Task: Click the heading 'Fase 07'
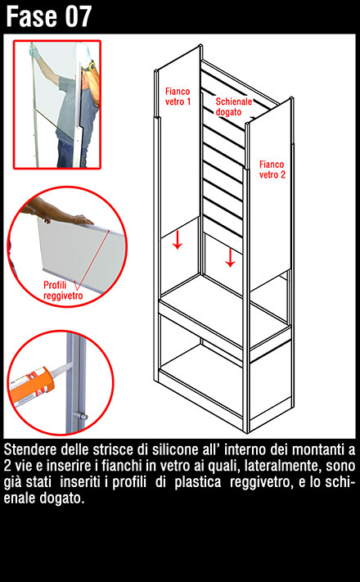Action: click(x=48, y=16)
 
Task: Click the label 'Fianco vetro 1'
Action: click(x=178, y=96)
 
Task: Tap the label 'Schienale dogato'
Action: click(x=234, y=107)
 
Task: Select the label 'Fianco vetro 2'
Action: click(x=272, y=169)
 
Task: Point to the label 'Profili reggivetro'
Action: click(x=63, y=291)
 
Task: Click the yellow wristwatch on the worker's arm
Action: click(x=90, y=66)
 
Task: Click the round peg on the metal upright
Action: click(x=80, y=415)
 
